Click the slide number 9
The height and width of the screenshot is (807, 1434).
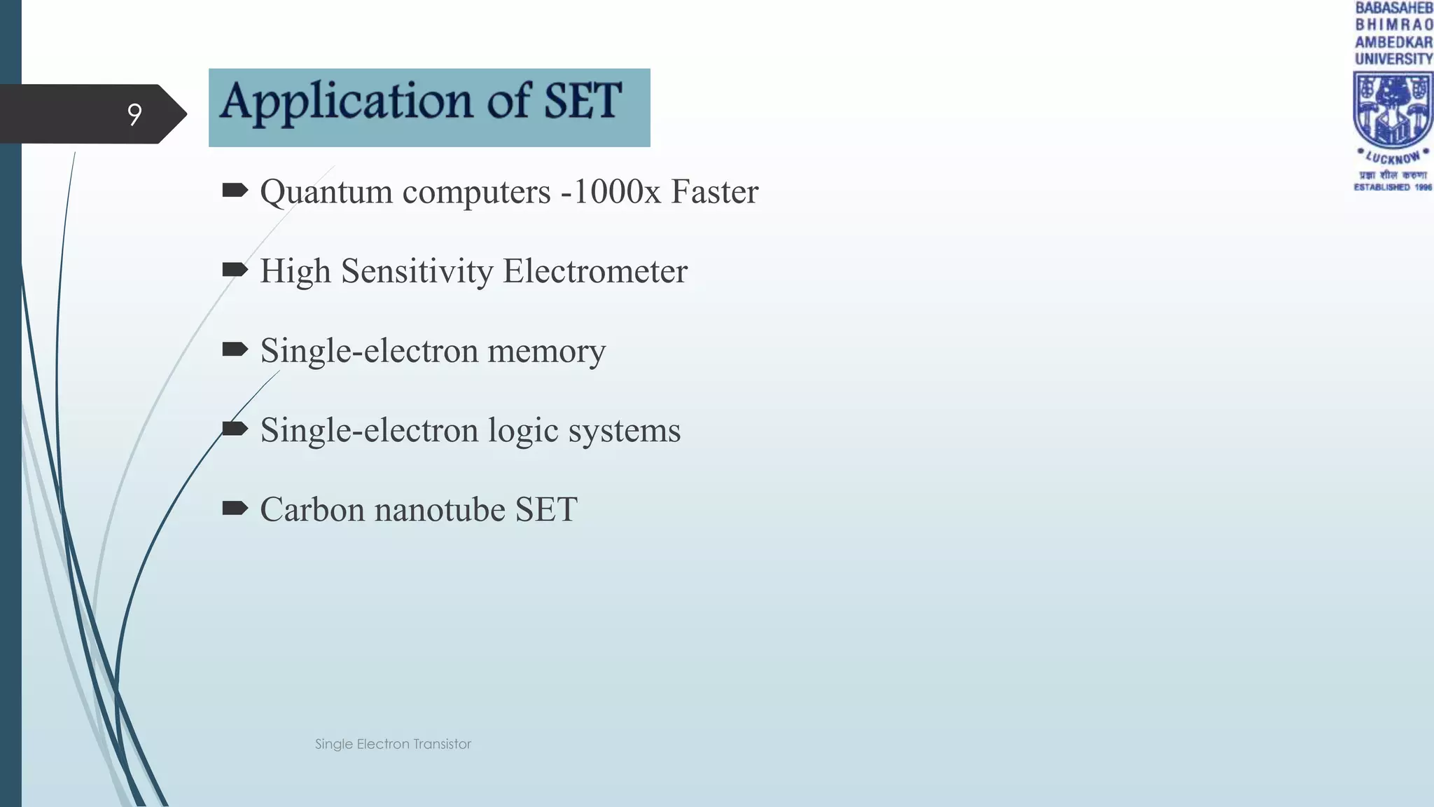134,114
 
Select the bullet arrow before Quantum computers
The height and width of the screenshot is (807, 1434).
235,190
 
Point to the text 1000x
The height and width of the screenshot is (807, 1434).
617,191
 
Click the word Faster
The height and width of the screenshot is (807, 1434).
714,191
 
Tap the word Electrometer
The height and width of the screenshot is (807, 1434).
595,271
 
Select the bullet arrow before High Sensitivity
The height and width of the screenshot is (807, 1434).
235,270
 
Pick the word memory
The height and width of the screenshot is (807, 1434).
546,351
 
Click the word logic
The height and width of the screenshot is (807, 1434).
523,431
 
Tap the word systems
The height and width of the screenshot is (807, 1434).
624,431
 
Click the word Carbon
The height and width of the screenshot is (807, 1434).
312,509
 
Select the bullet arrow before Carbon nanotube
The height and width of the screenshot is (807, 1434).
235,508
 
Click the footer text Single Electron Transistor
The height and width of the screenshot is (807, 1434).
393,744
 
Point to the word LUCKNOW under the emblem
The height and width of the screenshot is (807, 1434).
1393,158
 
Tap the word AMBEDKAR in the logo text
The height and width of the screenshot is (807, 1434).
1393,42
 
